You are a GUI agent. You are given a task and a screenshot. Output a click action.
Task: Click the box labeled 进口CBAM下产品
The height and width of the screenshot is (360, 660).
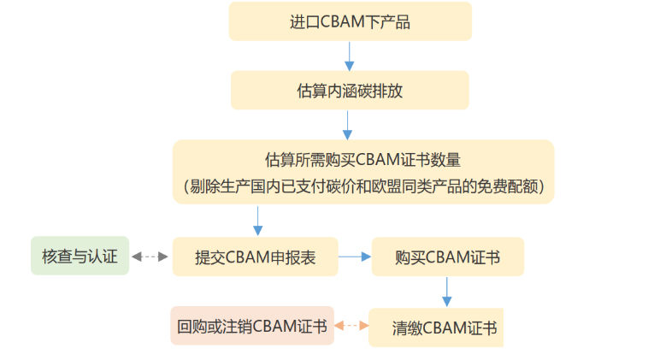point(350,21)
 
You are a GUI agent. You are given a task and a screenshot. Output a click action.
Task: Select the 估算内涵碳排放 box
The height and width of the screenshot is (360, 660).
point(350,90)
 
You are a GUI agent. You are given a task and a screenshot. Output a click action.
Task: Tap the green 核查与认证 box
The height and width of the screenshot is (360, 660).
point(80,256)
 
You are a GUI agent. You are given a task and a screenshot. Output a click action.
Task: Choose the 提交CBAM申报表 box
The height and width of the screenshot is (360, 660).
point(255,257)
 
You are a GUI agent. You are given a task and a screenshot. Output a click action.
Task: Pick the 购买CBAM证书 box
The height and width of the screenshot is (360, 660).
point(447,257)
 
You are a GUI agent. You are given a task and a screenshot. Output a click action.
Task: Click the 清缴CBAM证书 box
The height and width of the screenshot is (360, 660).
point(435,328)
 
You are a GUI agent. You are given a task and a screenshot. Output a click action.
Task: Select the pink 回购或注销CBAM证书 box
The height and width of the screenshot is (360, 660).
point(251,326)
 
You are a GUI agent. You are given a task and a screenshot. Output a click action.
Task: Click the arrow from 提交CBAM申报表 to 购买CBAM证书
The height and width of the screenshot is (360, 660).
point(353,256)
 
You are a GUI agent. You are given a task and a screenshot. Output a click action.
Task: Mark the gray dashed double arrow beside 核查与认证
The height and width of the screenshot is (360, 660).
point(150,257)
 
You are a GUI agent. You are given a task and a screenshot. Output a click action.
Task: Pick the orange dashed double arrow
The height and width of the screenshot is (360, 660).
point(351,326)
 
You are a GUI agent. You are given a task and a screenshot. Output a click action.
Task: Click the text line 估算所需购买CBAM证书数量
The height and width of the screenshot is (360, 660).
point(363,160)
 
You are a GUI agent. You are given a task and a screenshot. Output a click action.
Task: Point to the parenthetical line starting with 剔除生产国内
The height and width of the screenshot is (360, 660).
point(363,185)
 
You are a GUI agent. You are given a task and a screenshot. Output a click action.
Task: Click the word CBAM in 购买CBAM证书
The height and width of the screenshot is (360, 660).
point(446,257)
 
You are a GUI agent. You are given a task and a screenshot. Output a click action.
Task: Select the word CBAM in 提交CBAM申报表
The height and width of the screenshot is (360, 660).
point(248,257)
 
